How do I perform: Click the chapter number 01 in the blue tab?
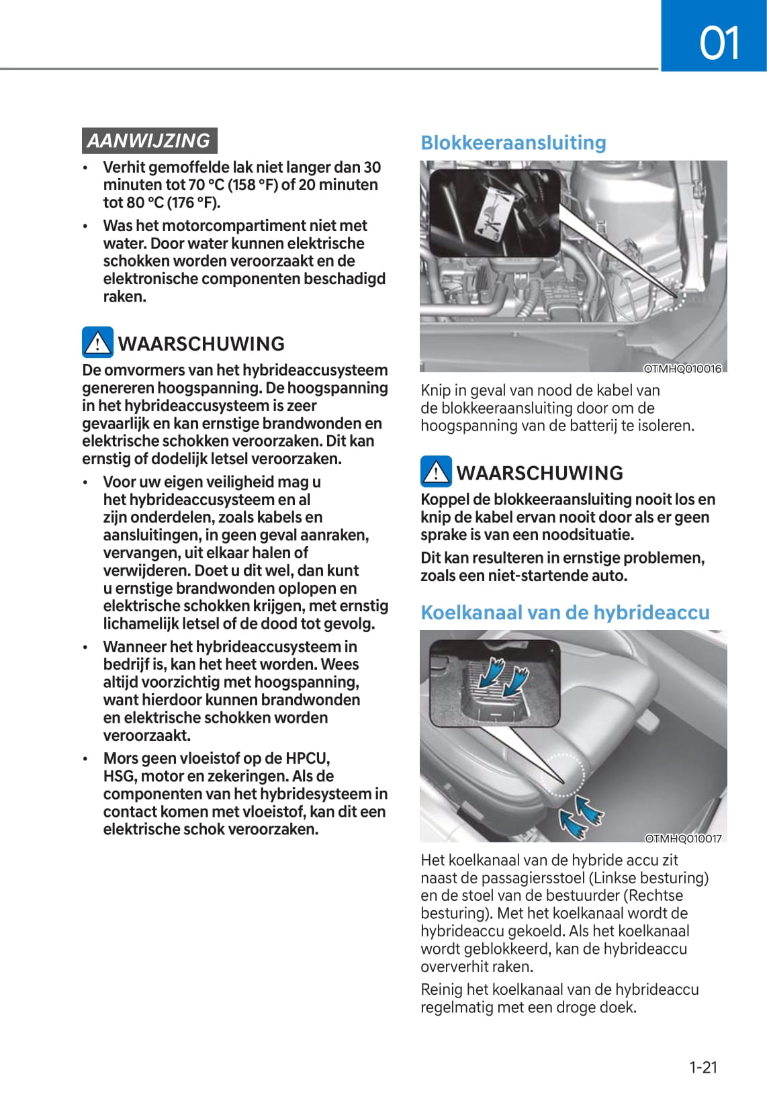719,43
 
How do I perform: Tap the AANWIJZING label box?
149,140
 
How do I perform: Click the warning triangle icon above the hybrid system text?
97,343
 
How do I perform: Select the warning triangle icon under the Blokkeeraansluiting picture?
436,472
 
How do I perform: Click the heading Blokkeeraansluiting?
513,142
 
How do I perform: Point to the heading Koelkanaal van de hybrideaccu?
565,613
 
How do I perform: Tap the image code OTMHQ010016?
682,369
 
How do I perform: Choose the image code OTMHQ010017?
683,838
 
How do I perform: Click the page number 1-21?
703,1067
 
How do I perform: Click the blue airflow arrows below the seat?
581,816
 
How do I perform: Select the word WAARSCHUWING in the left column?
201,343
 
